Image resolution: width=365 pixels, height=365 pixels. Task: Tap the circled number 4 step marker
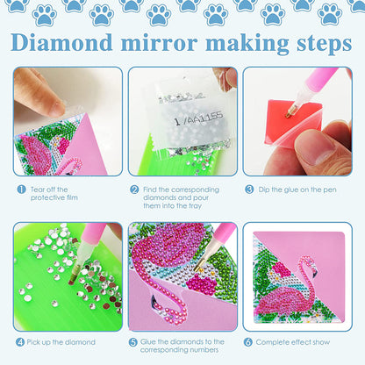[18, 340]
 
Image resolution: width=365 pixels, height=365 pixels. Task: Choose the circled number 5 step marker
[134, 340]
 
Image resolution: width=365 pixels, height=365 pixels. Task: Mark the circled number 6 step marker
[249, 340]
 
